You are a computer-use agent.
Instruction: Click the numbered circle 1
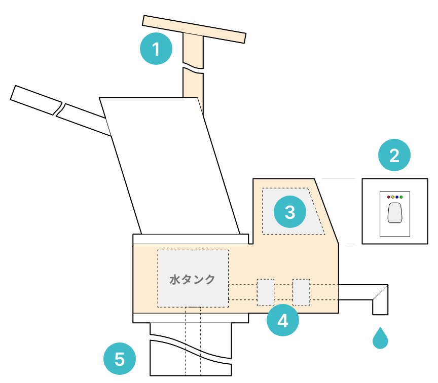(156, 49)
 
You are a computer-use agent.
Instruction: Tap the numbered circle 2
(394, 155)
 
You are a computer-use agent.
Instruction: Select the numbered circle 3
(290, 212)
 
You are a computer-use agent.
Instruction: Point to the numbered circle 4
(283, 320)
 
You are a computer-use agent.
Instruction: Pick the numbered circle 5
(120, 359)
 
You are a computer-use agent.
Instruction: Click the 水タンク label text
(192, 280)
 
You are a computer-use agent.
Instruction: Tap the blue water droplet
(380, 338)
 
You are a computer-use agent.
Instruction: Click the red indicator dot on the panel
(388, 197)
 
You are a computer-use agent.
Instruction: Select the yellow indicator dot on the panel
(393, 197)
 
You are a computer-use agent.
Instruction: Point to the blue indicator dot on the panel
(397, 197)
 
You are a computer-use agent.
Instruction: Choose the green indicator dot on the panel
(401, 197)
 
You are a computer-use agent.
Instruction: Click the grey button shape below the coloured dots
(395, 213)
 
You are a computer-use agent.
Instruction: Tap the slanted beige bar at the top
(194, 29)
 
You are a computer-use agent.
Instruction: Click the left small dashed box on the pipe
(265, 292)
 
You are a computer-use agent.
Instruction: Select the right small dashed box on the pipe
(301, 292)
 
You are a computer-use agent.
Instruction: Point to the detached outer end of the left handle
(36, 100)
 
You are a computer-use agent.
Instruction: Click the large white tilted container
(169, 166)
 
